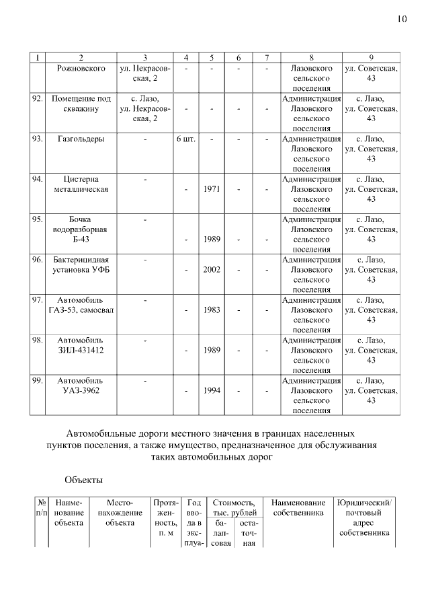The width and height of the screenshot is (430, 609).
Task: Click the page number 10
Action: tap(402, 19)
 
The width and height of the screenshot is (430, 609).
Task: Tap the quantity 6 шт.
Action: tap(185, 139)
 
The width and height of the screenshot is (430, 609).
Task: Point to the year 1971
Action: tap(212, 189)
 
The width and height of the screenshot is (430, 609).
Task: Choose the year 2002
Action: tap(212, 269)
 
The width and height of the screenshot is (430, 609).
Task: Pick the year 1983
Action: tap(212, 310)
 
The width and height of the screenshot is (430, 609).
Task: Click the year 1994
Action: tap(212, 390)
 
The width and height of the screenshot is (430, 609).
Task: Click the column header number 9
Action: tap(371, 58)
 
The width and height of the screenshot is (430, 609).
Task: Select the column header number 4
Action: tap(185, 58)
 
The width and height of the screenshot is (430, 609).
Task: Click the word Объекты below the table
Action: tap(83, 480)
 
